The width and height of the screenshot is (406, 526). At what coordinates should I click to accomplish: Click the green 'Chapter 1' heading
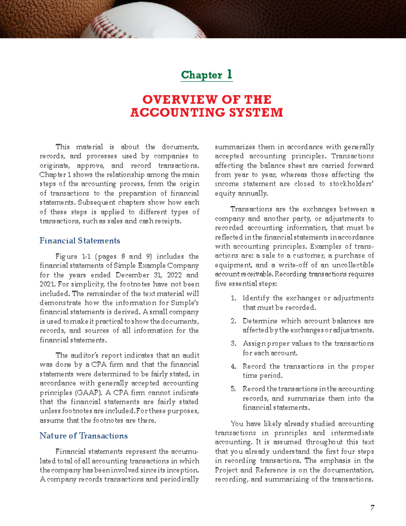click(x=207, y=75)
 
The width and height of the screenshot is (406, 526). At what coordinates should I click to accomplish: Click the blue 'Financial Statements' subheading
click(x=80, y=241)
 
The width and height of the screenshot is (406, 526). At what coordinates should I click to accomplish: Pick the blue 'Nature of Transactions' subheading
click(x=84, y=436)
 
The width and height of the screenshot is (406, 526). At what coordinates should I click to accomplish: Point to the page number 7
click(x=372, y=508)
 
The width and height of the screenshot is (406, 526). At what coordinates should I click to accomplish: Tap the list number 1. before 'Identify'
click(x=233, y=298)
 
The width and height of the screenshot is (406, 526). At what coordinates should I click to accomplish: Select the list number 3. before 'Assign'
click(x=233, y=343)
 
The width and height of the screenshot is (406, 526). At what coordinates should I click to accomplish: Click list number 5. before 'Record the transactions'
click(x=233, y=389)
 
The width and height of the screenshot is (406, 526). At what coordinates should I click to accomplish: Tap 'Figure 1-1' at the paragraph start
click(x=73, y=256)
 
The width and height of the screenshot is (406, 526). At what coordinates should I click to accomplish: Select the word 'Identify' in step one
click(x=256, y=298)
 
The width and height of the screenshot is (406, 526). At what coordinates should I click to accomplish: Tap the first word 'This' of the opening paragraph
click(x=63, y=147)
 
